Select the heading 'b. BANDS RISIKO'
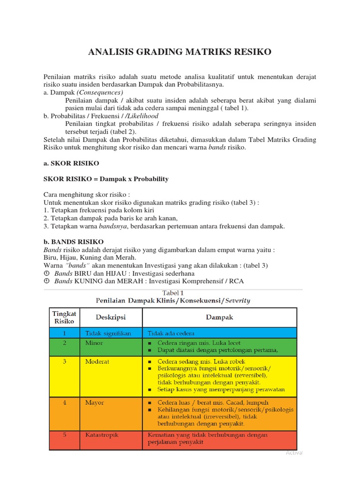click(x=74, y=242)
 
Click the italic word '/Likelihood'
click(x=142, y=116)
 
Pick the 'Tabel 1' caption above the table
click(x=173, y=293)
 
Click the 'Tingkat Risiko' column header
click(x=64, y=317)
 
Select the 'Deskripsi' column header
click(x=111, y=317)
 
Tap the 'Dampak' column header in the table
click(x=219, y=317)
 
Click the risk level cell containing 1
click(x=64, y=333)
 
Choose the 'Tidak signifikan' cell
click(x=108, y=333)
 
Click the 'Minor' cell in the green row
click(x=94, y=343)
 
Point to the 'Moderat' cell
click(x=97, y=361)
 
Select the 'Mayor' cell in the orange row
click(x=95, y=402)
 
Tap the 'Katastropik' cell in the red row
click(x=102, y=435)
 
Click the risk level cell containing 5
click(x=64, y=435)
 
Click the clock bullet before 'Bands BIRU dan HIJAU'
click(x=46, y=273)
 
